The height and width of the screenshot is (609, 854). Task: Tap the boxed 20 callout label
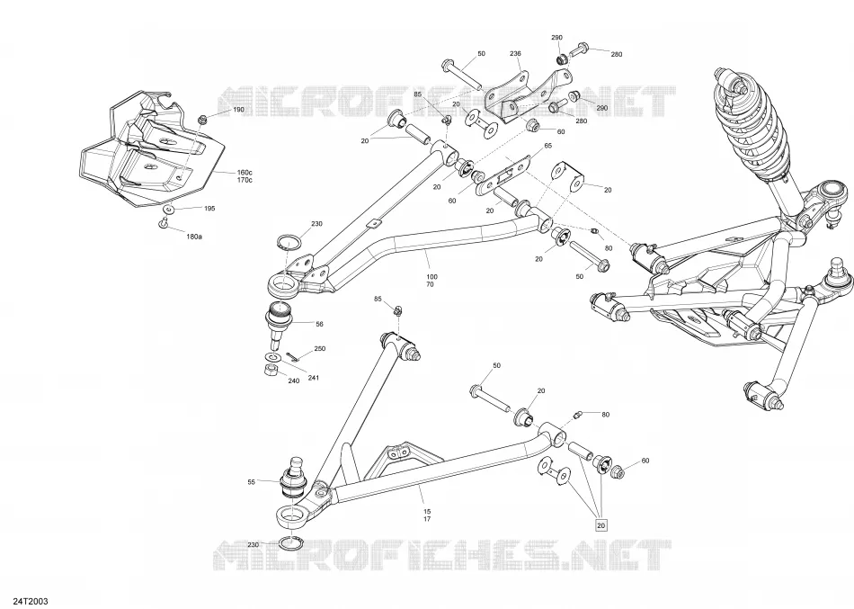pos(600,525)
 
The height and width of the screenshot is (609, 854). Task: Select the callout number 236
pos(515,53)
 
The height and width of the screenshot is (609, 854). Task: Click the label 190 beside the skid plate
pos(238,110)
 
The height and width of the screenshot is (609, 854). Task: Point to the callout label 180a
pos(194,237)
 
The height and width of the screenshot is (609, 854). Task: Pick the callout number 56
pos(319,324)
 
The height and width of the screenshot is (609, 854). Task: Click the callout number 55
pos(251,482)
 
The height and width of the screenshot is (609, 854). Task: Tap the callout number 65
pos(548,146)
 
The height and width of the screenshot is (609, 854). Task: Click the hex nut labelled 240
pos(271,371)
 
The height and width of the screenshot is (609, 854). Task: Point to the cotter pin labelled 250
pos(291,356)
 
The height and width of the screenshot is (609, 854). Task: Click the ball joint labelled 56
pos(279,323)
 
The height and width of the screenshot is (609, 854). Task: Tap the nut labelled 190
pos(202,120)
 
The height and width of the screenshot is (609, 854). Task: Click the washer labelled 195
pos(169,210)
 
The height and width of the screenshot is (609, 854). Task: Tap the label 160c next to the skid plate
pos(244,173)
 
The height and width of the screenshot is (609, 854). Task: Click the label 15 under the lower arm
pos(427,512)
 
